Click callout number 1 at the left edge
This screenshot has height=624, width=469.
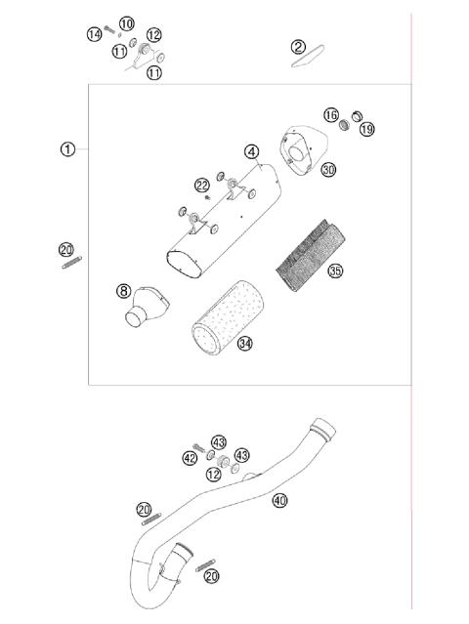66,149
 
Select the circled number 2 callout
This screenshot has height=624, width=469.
298,46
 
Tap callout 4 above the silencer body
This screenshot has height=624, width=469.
252,151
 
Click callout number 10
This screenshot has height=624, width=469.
127,23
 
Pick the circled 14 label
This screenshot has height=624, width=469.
94,34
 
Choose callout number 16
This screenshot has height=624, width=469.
331,115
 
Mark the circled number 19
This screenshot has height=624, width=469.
365,128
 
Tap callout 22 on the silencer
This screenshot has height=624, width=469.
201,186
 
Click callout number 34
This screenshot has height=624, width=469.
244,343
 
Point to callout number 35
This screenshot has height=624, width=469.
335,270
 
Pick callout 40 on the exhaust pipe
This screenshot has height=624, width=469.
279,501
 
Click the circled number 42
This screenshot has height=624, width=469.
190,457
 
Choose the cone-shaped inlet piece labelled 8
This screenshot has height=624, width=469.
144,310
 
